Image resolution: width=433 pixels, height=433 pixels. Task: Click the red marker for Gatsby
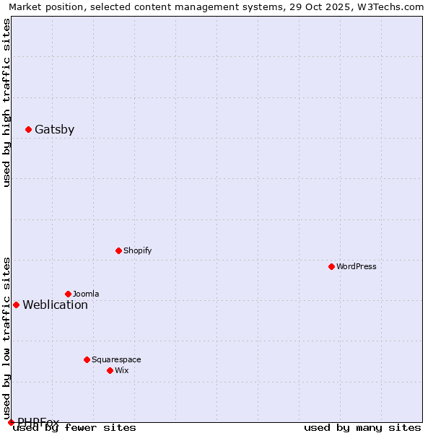tap(28, 130)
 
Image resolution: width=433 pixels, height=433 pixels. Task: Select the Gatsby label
tap(54, 130)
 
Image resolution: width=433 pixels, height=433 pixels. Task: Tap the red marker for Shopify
tap(118, 250)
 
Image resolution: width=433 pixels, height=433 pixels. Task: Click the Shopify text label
tap(137, 250)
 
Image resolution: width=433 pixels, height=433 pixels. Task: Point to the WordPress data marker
tap(331, 266)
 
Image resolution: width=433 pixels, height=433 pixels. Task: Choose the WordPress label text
tap(356, 266)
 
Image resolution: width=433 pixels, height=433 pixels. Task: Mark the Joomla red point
tap(68, 294)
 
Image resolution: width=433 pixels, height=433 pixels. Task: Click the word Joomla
tap(86, 294)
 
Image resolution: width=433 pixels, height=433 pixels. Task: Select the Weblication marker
tap(16, 305)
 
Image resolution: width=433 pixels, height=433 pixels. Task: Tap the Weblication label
tap(55, 305)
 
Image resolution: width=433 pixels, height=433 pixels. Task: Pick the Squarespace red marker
tap(87, 359)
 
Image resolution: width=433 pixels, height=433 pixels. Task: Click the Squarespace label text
tap(116, 359)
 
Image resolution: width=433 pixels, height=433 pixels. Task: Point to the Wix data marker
tap(110, 370)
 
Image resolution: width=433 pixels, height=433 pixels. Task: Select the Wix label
tap(121, 370)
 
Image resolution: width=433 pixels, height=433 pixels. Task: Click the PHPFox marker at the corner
tap(11, 422)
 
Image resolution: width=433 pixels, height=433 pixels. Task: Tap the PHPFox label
tap(38, 421)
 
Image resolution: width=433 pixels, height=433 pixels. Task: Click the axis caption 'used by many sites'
tap(362, 427)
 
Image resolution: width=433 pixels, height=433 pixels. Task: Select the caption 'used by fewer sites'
tap(75, 427)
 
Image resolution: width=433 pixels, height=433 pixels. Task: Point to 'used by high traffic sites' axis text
tap(7, 103)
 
